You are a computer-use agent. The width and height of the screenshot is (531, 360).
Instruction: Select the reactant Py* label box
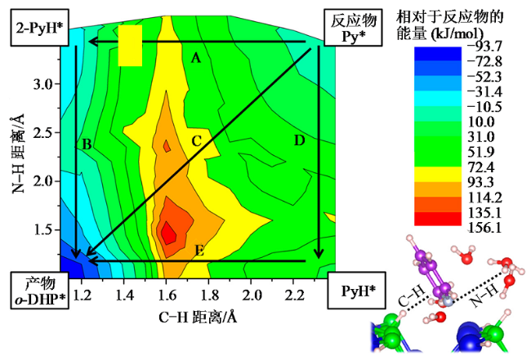pos(348,29)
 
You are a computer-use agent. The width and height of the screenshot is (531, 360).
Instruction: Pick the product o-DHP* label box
pos(35,291)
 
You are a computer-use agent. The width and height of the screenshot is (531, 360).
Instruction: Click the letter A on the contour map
pos(195,58)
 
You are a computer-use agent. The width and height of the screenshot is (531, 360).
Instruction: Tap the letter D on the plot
pos(299,141)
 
